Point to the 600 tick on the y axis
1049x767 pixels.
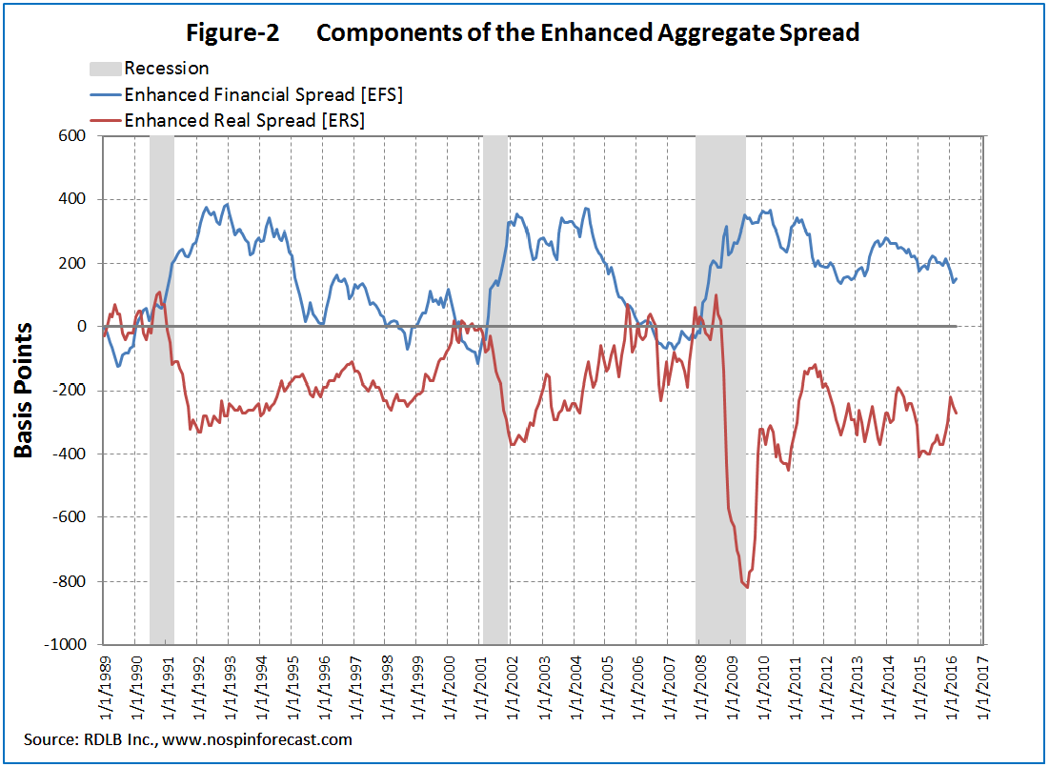click(73, 136)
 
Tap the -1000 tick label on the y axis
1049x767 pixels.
click(66, 645)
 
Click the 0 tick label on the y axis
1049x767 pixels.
click(82, 327)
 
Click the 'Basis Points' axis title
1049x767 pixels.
click(24, 391)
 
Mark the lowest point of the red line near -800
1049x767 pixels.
click(747, 587)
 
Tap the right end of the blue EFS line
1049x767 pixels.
click(957, 278)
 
